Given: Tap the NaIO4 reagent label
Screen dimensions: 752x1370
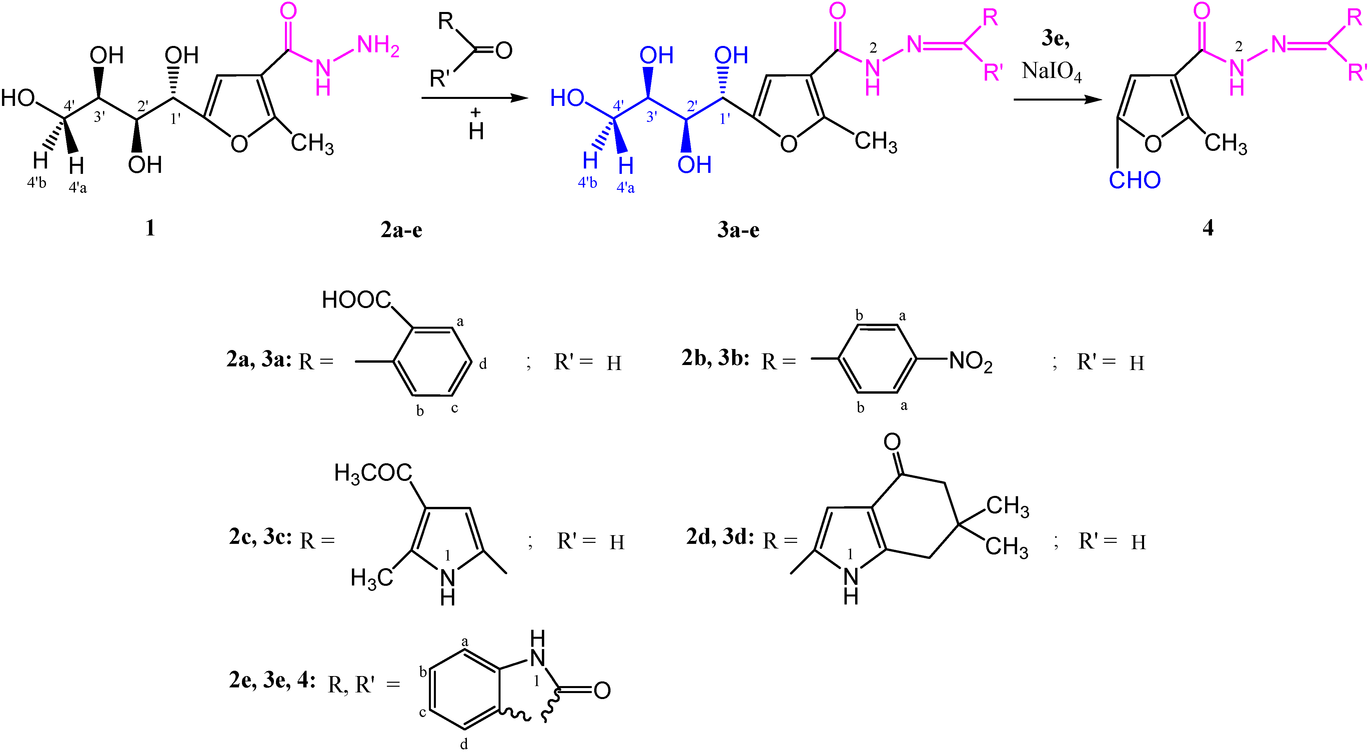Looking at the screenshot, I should (x=1051, y=72).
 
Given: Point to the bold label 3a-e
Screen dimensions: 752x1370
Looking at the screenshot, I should (x=738, y=229).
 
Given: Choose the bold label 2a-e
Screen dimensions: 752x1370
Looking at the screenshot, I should (x=402, y=229).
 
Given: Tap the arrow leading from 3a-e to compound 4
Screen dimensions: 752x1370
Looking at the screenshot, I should (x=1057, y=99).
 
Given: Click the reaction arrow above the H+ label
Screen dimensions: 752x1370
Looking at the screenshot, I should (x=475, y=98).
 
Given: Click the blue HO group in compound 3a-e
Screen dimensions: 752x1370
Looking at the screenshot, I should (x=567, y=98).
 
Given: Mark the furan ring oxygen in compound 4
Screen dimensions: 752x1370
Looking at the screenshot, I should (x=1152, y=144).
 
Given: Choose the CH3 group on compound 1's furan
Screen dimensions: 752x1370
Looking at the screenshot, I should (x=312, y=144).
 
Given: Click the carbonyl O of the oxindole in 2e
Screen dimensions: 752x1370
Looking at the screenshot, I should (x=602, y=690).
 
